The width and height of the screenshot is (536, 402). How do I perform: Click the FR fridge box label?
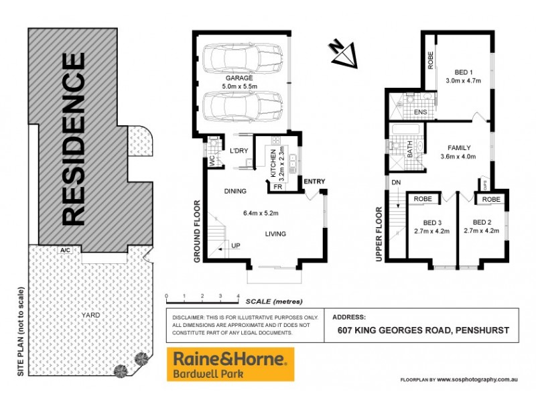click(x=277, y=187)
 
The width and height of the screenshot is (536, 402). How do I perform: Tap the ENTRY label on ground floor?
click(x=314, y=182)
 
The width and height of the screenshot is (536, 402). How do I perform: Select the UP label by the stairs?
click(x=235, y=246)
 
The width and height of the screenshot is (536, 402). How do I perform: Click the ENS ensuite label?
click(x=421, y=112)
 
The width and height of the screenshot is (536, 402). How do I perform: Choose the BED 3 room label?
click(x=432, y=222)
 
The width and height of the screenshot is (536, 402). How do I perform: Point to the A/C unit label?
click(x=65, y=250)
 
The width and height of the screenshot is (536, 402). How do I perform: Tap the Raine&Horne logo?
click(x=230, y=364)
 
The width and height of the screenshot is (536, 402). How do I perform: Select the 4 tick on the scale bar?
click(x=239, y=295)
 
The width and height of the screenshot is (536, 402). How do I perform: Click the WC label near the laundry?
click(x=211, y=162)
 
